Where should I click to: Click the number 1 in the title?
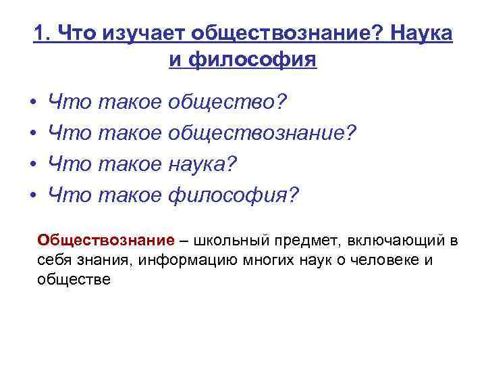coord(39,34)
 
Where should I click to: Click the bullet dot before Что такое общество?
coord(33,103)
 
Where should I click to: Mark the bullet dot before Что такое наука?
coord(33,165)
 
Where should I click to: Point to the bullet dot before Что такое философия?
coord(33,196)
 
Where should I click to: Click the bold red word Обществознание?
coord(105,241)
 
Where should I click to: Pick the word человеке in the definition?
coord(377,260)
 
